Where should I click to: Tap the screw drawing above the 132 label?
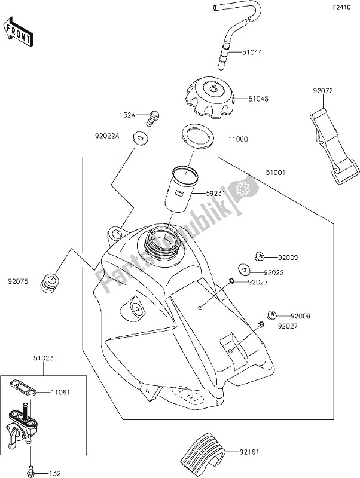point(30,457)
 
